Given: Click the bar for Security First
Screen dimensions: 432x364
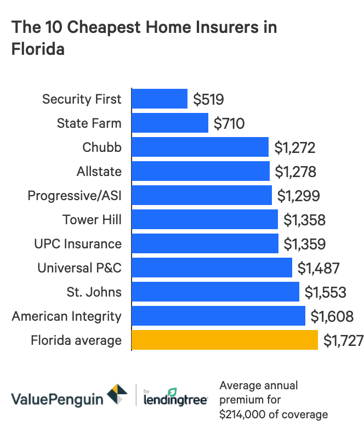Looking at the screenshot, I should click(160, 99).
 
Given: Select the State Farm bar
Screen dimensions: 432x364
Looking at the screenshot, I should click(170, 123).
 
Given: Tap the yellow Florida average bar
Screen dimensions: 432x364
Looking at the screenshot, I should click(225, 340).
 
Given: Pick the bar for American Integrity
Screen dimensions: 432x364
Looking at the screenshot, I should click(218, 316).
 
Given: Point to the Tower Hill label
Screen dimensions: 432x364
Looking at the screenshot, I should click(92, 220).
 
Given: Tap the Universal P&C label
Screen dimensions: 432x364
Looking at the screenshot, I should click(79, 268).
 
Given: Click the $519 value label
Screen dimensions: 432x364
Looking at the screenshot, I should click(209, 99).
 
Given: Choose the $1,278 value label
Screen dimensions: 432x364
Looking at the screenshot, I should click(295, 172).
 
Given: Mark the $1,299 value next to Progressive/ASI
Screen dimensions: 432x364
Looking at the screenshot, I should click(298, 196).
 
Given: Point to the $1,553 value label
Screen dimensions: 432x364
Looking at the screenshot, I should click(326, 292).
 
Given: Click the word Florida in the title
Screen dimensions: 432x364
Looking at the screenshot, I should click(38, 49).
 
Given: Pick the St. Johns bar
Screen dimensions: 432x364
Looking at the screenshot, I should click(215, 292).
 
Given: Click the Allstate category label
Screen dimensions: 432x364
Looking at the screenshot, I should click(99, 172).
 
